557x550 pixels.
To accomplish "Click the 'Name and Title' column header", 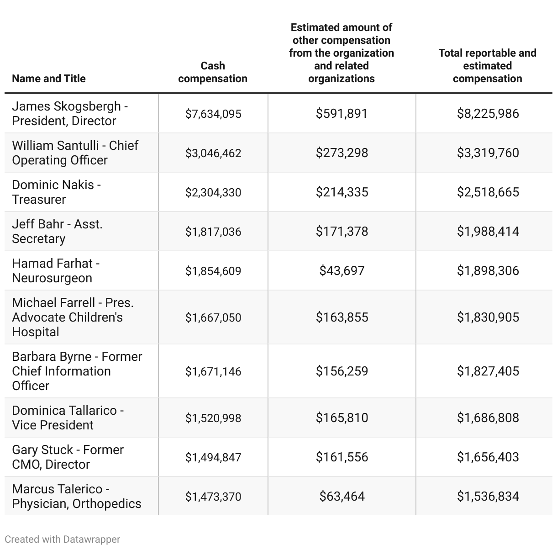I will click(49, 79).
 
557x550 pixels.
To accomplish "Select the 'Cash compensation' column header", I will click(213, 72).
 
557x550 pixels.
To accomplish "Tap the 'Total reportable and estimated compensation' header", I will click(487, 66).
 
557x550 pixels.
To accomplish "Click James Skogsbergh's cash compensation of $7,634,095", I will click(213, 114).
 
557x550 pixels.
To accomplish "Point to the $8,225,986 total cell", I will click(488, 114).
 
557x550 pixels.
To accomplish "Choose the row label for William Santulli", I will click(75, 153).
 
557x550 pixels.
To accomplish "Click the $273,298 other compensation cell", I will click(342, 153).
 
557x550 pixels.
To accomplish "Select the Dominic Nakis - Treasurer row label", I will click(57, 192).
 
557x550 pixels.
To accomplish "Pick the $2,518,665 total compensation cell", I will click(488, 192).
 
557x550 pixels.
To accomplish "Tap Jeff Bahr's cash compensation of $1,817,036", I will click(213, 232).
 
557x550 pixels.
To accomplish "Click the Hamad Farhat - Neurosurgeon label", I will click(56, 270).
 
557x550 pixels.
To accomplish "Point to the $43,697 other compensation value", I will click(342, 271).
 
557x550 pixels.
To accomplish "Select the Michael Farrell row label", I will click(73, 317).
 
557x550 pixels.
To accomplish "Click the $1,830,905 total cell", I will click(488, 317).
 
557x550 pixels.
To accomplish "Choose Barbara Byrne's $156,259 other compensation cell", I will click(342, 371).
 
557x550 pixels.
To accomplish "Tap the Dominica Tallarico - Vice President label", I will click(68, 418).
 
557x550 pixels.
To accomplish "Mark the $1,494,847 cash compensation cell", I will click(213, 457).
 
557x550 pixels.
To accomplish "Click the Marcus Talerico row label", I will click(76, 496).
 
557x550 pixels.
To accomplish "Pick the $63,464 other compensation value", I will click(342, 497).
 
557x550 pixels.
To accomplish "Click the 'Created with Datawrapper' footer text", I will click(63, 539).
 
